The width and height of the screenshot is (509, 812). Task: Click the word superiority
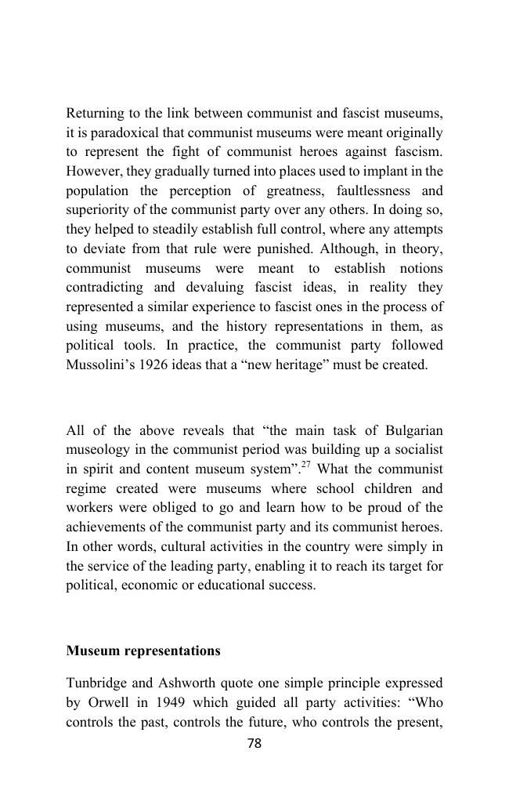97,210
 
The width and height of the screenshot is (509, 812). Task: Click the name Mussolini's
99,365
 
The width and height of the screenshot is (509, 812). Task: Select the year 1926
153,365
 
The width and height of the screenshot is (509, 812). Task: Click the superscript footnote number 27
306,464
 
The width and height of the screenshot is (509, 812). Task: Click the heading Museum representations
143,651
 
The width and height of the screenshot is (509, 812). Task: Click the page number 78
254,744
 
